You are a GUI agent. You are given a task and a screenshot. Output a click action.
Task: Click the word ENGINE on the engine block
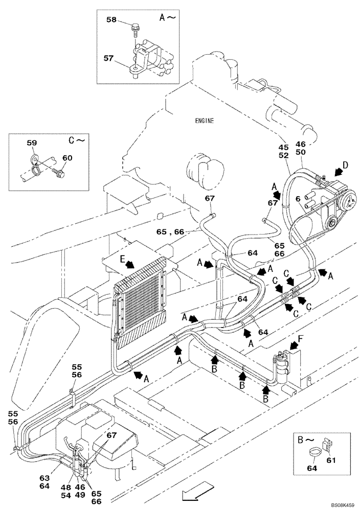point(205,121)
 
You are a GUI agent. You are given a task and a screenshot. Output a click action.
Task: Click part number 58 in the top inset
point(111,19)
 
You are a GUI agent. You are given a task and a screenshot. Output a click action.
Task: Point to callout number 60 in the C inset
point(67,158)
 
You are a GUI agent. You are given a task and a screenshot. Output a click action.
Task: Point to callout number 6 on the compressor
point(297,198)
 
